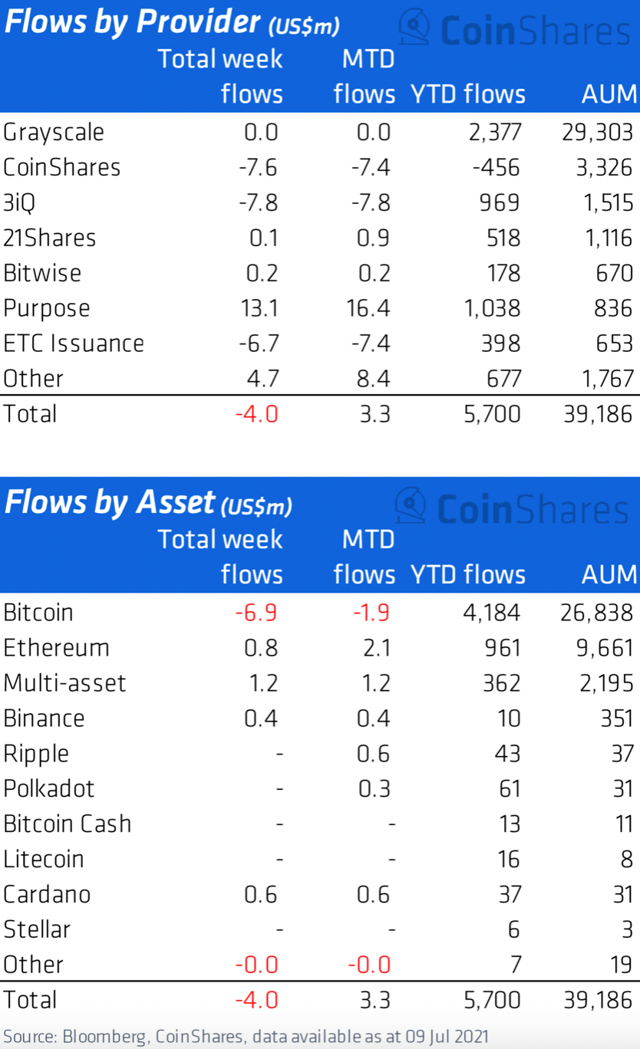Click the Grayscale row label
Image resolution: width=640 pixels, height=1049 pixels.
point(54,132)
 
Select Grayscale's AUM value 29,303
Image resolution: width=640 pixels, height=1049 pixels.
point(598,132)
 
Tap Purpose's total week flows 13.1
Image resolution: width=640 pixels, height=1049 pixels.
point(257,308)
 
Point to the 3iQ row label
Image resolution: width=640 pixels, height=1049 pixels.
point(20,202)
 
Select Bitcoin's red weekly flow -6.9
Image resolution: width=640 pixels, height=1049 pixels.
point(257,613)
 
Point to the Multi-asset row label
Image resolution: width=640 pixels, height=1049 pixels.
point(64,683)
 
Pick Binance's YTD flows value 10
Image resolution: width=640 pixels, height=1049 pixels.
point(508,719)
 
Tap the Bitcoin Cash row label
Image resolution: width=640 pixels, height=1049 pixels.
point(68,824)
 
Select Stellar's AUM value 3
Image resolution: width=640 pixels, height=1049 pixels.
point(627,930)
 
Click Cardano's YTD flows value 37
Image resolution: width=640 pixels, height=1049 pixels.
point(508,895)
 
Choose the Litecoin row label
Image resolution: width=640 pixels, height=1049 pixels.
point(44,860)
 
